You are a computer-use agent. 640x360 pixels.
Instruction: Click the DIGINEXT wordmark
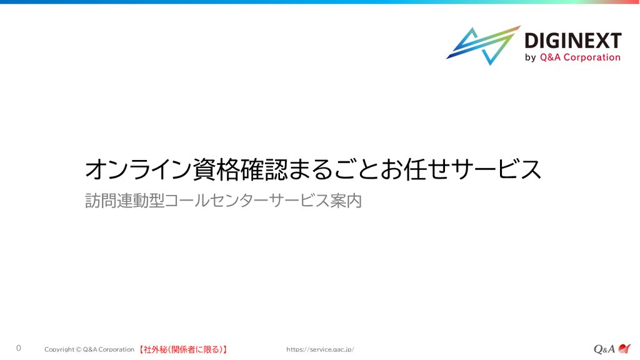pos(572,41)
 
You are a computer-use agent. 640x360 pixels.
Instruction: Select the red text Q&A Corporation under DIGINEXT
pos(580,57)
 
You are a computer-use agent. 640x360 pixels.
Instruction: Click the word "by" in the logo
pos(530,57)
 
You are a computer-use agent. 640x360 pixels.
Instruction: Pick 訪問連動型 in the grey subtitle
pos(124,201)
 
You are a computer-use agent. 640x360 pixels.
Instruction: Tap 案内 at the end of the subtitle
pos(346,201)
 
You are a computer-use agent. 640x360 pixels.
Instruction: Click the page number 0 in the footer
pos(18,348)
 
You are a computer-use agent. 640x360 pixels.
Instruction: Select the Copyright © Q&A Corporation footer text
pos(89,349)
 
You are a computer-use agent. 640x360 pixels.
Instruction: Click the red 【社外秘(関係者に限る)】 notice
pos(182,350)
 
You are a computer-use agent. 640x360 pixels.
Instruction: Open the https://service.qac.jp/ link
pos(320,349)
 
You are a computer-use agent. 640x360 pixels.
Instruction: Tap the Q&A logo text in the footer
pos(604,349)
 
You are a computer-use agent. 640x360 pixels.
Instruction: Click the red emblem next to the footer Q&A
pos(624,348)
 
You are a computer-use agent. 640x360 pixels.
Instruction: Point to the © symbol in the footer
pos(79,349)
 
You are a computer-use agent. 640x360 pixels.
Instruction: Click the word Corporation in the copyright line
pos(116,349)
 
